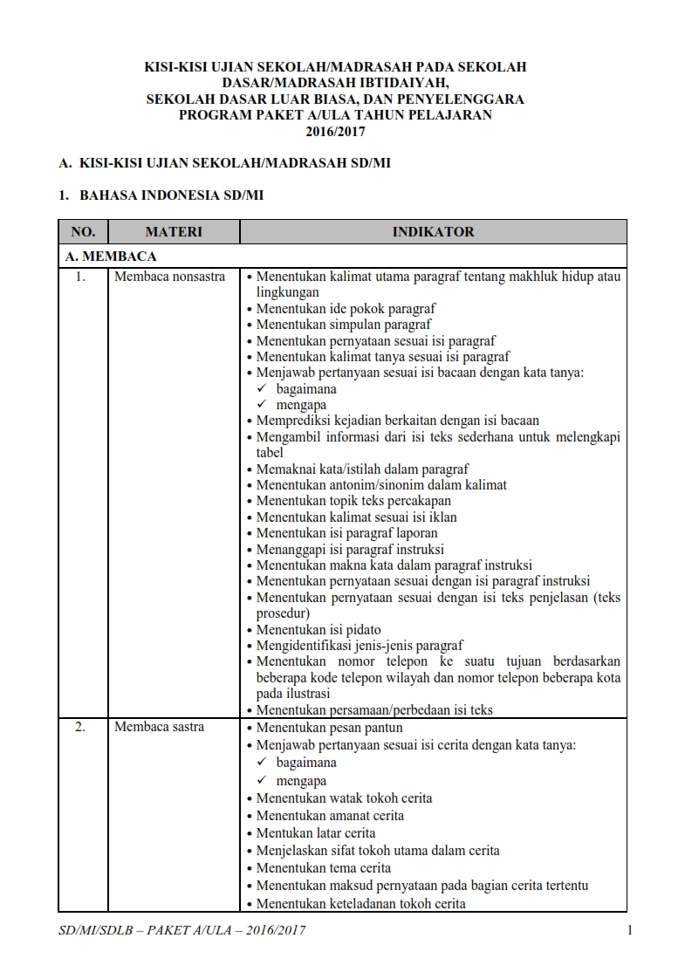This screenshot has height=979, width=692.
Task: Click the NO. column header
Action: pos(83,231)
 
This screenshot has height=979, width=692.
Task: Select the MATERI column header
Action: pos(173,231)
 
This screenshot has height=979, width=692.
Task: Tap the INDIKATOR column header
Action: pos(433,231)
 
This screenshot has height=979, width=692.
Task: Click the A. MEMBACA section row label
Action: pos(111,257)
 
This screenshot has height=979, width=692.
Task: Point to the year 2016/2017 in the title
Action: pos(335,133)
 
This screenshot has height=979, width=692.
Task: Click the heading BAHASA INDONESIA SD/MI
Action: pos(171,195)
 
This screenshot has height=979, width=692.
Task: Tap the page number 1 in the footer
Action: pos(629,930)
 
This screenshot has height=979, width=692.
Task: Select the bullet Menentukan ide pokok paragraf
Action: pos(346,309)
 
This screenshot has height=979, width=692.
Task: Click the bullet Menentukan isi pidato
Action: pos(319,630)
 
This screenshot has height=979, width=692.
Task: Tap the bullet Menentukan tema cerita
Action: pos(324,868)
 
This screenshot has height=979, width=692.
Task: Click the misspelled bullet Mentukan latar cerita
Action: pos(316,833)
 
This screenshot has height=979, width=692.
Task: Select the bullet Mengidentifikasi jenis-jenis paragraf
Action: pos(359,647)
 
